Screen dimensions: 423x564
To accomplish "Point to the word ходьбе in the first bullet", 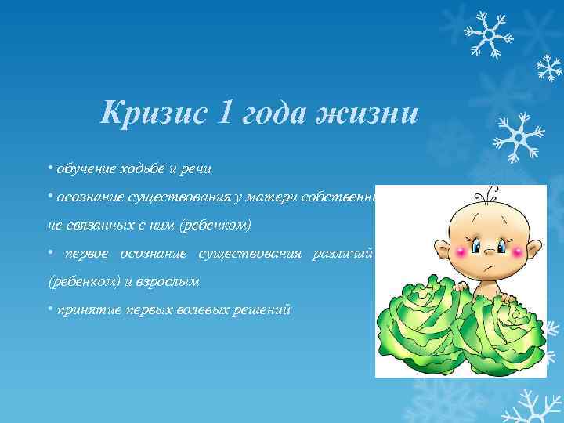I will coord(141,168).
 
